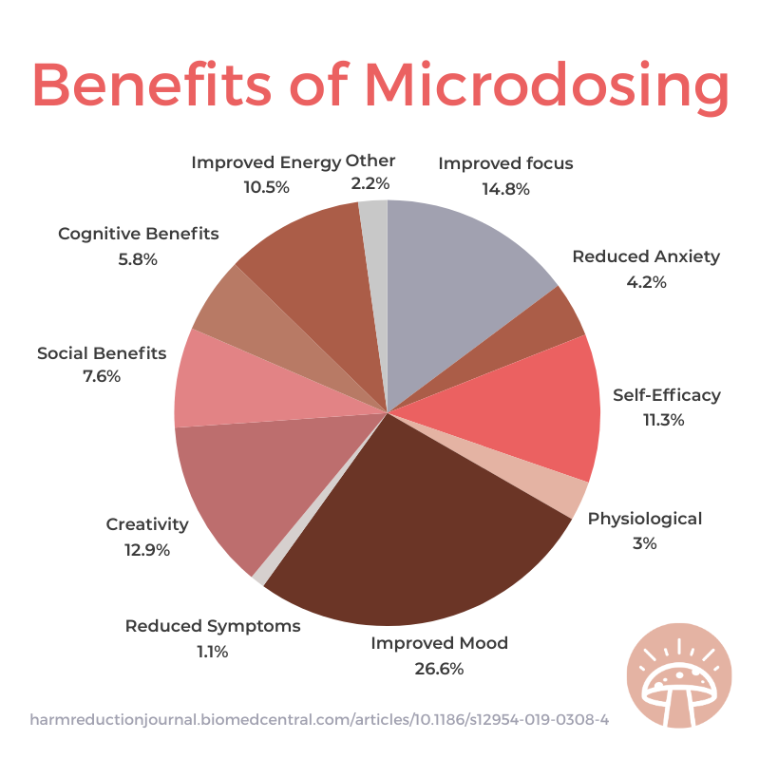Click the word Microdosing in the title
547,87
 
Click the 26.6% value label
439,668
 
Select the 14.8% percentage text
505,188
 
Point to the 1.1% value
213,652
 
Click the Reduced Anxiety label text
646,256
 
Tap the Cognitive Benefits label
139,234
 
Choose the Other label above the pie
370,161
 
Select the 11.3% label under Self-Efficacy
662,420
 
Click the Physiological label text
645,519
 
